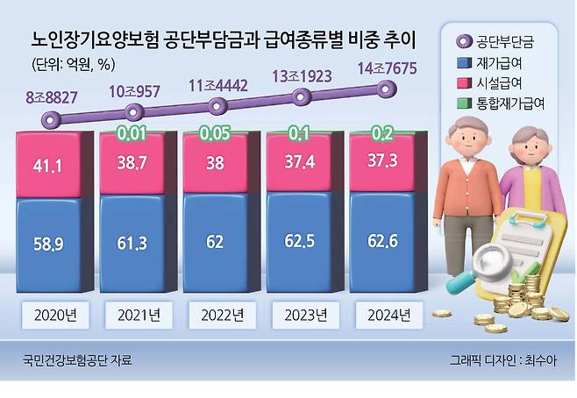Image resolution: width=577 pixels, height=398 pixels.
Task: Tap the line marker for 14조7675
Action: [x=384, y=87]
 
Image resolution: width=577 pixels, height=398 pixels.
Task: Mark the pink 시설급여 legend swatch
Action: [x=464, y=83]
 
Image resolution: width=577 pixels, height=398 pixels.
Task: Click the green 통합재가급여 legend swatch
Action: [x=464, y=103]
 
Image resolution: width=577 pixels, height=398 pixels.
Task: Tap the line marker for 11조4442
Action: [x=217, y=101]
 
